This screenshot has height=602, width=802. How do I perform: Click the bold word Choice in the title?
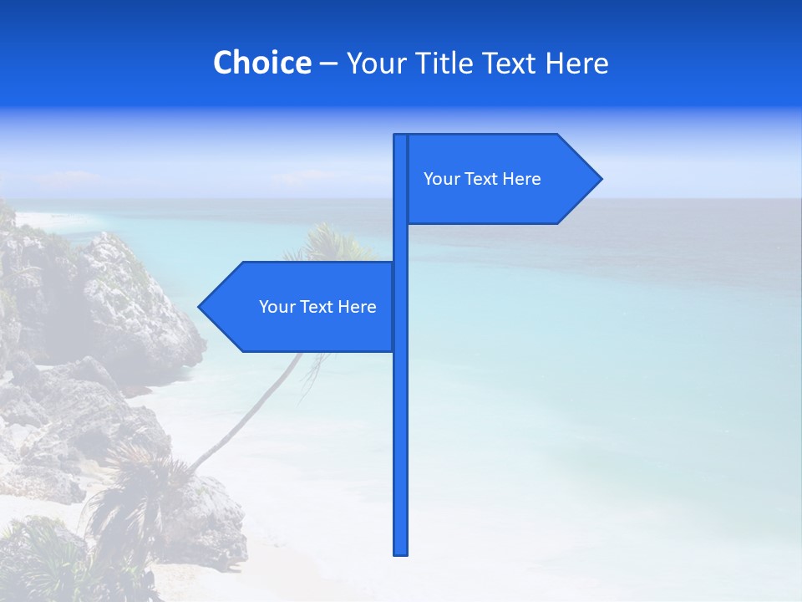click(261, 64)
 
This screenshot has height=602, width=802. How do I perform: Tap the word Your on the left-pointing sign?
click(277, 307)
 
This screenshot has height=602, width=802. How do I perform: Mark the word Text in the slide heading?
click(511, 64)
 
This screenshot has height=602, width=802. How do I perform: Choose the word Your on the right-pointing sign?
click(441, 179)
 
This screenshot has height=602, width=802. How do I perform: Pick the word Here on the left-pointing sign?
click(357, 307)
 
